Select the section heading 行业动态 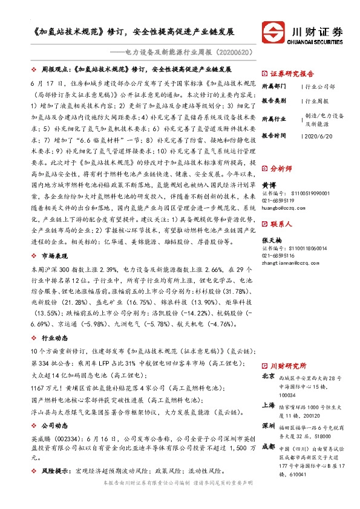tap(59, 339)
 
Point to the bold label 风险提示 tap(59, 468)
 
